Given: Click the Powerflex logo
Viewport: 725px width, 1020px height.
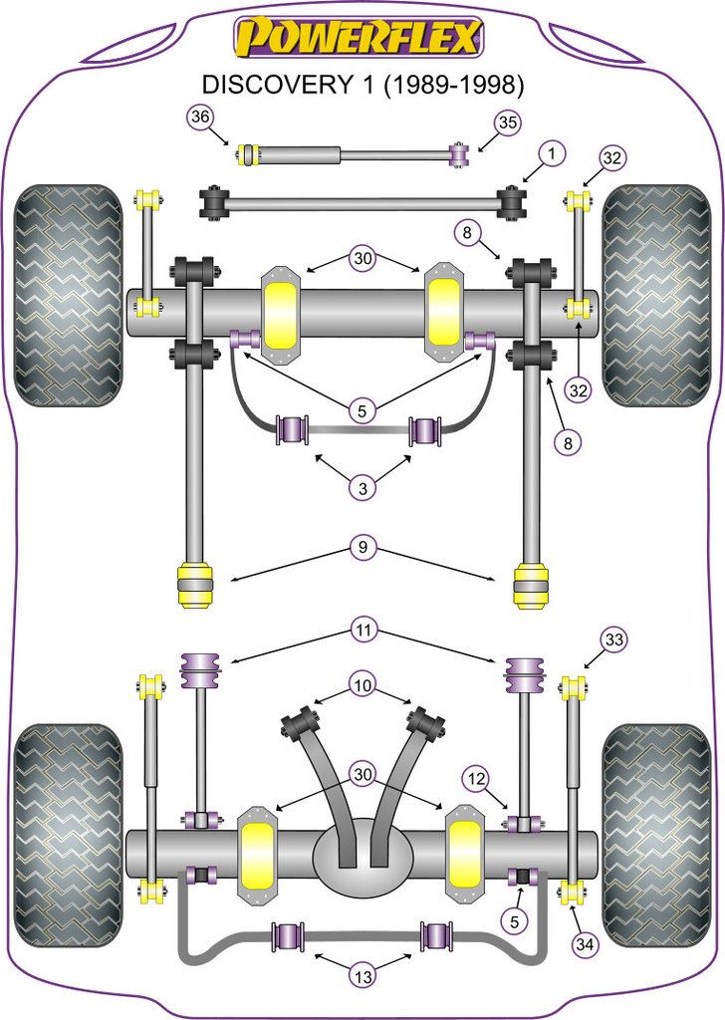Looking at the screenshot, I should [x=360, y=38].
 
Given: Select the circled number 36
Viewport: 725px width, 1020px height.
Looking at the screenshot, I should [x=200, y=119].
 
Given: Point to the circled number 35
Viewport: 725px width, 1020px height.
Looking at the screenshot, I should [x=508, y=124].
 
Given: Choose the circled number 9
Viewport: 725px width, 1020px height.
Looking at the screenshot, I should [x=362, y=547].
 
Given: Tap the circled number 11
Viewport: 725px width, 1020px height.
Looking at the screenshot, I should [x=362, y=630].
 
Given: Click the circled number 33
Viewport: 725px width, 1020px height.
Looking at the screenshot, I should [x=614, y=640].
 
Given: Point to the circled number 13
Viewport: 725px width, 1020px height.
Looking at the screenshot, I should [x=362, y=977].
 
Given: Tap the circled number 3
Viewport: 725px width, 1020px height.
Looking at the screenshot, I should [x=362, y=488].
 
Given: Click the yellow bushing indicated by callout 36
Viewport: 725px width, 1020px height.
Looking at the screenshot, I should [x=250, y=154].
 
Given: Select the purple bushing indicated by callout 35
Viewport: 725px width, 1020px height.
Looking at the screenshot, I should [x=460, y=154].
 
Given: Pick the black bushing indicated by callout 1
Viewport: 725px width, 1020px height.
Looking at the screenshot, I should [x=512, y=202].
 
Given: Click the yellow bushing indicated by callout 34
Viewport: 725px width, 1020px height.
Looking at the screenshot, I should [x=573, y=890].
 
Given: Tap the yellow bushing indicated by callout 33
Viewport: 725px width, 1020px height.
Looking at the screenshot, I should [x=573, y=687].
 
